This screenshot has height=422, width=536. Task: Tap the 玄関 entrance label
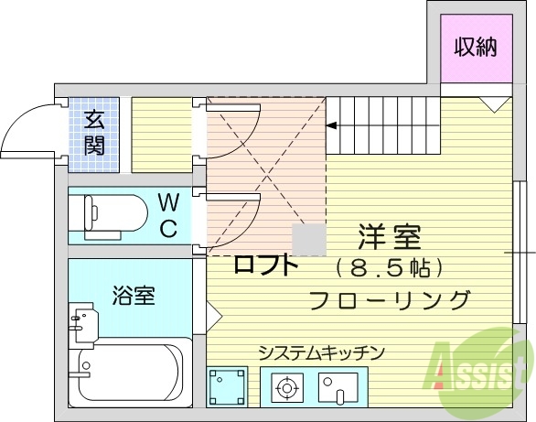pyautogui.click(x=94, y=133)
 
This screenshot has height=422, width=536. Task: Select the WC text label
pyautogui.click(x=168, y=214)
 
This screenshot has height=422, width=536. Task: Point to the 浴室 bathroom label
pyautogui.click(x=134, y=296)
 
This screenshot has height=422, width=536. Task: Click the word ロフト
pyautogui.click(x=266, y=266)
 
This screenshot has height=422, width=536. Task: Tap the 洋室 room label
pyautogui.click(x=389, y=238)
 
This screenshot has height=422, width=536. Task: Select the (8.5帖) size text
pyautogui.click(x=389, y=269)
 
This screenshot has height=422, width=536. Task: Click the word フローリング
pyautogui.click(x=390, y=299)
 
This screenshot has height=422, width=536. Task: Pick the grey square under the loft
pyautogui.click(x=307, y=240)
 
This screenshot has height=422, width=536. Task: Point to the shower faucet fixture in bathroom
pyautogui.click(x=82, y=322)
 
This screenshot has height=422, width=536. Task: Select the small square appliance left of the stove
pyautogui.click(x=227, y=387)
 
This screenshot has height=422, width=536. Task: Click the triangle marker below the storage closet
pyautogui.click(x=492, y=105)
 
